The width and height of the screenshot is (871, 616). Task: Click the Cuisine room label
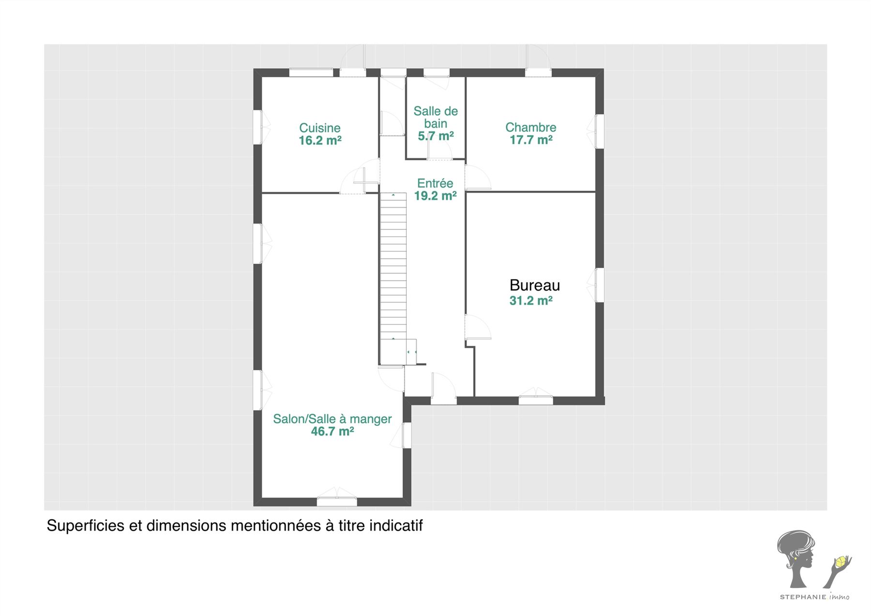point(320,128)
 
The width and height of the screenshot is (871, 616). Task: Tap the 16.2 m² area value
point(320,140)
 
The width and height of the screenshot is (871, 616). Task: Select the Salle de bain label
point(435,117)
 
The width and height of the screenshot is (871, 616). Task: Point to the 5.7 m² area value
point(435,136)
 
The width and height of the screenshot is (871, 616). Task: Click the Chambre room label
point(531,127)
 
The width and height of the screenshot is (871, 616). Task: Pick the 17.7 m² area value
point(531,140)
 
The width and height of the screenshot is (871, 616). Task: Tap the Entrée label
point(435,183)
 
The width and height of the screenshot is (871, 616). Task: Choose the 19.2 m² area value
point(435,195)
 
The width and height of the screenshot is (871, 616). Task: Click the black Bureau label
point(535,285)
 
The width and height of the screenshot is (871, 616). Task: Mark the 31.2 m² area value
point(531,300)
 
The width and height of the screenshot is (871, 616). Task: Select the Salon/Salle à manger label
point(332,419)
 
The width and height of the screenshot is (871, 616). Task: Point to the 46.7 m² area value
point(332,431)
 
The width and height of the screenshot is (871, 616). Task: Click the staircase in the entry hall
point(393,279)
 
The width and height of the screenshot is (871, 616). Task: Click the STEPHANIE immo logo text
point(814,597)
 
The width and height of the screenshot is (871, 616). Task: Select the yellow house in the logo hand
point(841,561)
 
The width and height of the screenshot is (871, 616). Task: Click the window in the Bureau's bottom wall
point(536,400)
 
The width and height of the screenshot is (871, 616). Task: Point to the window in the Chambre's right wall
point(600,131)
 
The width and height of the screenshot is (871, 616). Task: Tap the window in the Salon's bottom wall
point(337,501)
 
